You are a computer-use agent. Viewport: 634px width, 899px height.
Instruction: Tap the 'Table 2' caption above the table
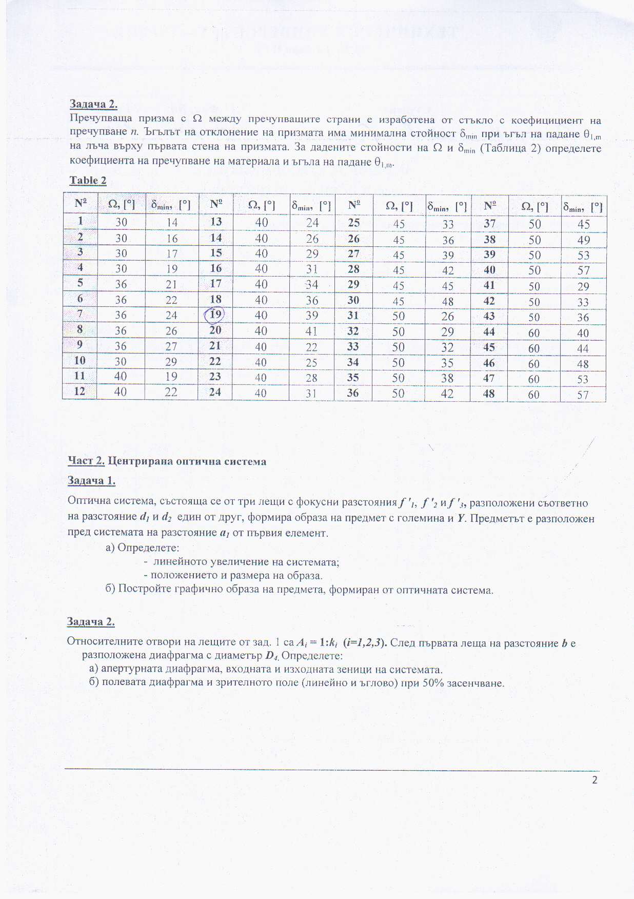coord(88,180)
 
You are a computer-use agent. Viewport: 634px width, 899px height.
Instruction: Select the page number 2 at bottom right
coord(595,780)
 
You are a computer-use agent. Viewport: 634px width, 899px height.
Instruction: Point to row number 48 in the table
coord(489,394)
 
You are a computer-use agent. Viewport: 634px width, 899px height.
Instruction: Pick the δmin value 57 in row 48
coord(583,395)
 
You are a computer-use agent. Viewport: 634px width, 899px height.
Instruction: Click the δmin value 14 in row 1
coord(172,222)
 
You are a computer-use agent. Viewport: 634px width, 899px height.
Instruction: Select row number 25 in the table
coord(353,223)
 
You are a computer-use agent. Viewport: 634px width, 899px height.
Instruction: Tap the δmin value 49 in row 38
coord(583,240)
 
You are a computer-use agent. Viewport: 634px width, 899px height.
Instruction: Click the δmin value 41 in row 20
coord(312,331)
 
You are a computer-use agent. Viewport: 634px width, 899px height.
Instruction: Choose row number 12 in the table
coord(80,391)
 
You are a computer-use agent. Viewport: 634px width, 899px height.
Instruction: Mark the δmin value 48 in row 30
coord(448,301)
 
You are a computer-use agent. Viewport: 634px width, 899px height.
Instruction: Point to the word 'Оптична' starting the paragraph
coord(86,503)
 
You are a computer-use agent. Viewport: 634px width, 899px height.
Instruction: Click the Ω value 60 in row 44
coord(534,333)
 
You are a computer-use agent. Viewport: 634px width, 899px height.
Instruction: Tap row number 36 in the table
coord(353,393)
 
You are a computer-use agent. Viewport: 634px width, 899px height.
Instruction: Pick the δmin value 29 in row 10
coord(171,362)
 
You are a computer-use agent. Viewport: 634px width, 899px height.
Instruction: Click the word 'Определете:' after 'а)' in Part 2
coord(148,547)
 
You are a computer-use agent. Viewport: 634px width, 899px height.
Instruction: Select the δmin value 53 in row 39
coord(583,256)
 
